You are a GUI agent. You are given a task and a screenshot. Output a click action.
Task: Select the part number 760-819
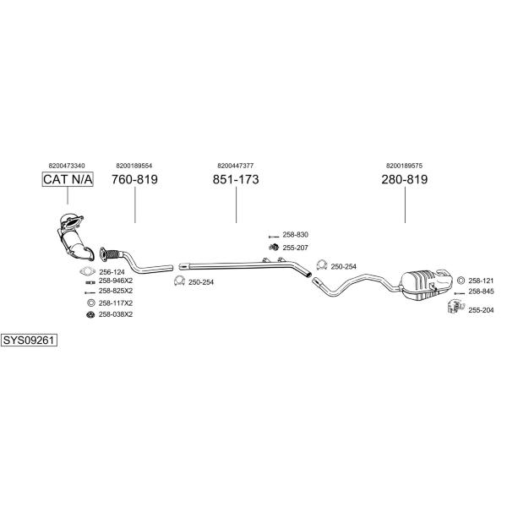(134, 179)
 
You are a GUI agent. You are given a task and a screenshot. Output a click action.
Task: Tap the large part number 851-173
(235, 179)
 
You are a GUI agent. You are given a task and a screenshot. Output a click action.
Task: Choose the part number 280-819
(405, 179)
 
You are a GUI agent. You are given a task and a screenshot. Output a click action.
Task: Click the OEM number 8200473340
(67, 166)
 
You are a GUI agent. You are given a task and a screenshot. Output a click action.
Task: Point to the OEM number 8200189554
(134, 166)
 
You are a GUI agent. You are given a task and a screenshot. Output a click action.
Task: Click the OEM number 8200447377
(235, 166)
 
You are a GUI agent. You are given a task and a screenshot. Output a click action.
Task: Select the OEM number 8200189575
(404, 166)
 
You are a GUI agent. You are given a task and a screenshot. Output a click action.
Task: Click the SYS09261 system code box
(29, 340)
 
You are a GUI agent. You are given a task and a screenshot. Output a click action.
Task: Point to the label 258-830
(295, 234)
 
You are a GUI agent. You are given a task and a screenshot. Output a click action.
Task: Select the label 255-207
(295, 247)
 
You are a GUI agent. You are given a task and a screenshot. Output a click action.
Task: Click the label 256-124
(112, 271)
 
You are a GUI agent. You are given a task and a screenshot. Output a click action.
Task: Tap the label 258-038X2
(116, 314)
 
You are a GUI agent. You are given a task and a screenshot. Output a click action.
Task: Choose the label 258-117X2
(116, 303)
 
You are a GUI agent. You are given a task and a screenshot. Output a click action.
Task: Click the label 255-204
(480, 310)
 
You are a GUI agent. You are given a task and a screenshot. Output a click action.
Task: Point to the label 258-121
(480, 280)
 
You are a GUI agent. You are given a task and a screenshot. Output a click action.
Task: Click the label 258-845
(480, 292)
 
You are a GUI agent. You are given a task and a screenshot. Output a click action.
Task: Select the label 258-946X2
(116, 281)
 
